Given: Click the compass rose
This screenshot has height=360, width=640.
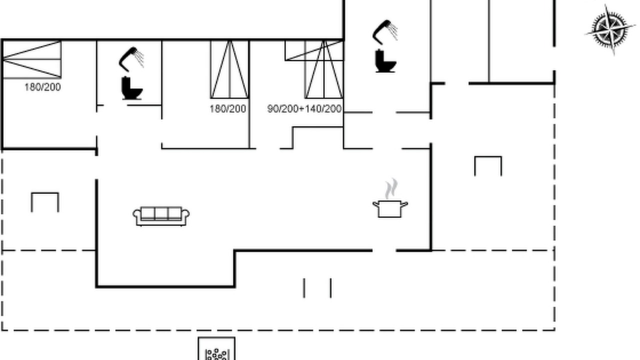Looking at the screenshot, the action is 609,29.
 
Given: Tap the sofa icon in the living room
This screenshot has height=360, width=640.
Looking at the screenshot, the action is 161,216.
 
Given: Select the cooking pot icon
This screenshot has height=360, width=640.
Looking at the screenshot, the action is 390,208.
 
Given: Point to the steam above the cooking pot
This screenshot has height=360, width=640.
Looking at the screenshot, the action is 391,188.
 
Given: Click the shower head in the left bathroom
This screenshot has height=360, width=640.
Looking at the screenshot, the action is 131,59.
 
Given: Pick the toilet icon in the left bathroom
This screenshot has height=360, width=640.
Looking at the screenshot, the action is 132,88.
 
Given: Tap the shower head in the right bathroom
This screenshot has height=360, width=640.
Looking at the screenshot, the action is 385,32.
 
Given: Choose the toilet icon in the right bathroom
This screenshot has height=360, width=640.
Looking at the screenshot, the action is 385,61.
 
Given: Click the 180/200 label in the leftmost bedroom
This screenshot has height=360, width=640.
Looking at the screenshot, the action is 42,87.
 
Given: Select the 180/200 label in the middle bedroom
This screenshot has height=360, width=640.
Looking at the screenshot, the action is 227,109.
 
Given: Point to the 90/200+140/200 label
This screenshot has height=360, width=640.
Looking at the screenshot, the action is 304,109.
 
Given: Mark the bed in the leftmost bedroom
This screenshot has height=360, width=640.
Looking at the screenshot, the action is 31,59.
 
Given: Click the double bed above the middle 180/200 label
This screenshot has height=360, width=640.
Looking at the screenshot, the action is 229,69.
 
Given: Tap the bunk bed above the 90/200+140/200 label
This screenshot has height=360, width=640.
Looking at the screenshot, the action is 324,69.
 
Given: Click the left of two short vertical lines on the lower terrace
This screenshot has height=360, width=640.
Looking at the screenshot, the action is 304,288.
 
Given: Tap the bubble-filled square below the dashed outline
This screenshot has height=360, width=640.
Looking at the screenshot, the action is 216,348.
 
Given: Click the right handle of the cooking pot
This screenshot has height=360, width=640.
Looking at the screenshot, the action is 404,204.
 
